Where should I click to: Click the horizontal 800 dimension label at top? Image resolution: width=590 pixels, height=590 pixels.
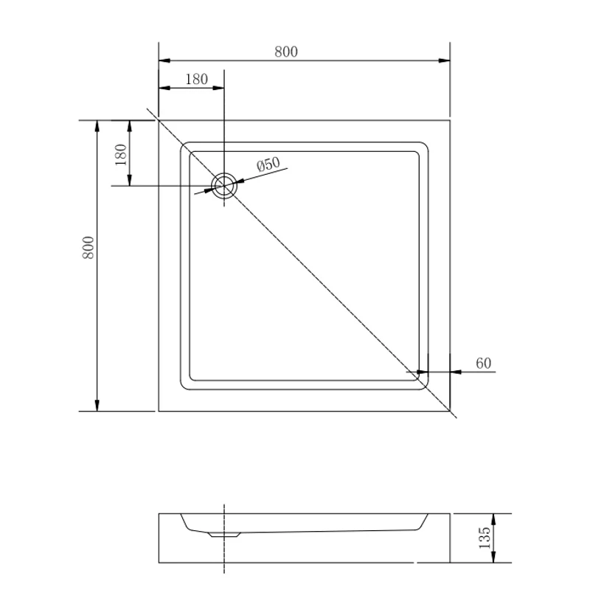pos(286,52)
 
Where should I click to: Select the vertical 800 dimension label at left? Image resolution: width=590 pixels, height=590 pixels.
pos(88,248)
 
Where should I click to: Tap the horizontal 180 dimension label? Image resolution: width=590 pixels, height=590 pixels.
pos(196,80)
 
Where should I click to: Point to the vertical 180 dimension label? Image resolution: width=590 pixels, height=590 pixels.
pos(120,155)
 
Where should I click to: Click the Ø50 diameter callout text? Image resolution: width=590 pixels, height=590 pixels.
pos(268,164)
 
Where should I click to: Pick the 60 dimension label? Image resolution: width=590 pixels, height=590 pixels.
pos(484,364)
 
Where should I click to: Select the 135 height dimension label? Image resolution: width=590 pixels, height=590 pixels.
pos(485,538)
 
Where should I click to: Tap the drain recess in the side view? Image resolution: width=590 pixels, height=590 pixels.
pos(224,534)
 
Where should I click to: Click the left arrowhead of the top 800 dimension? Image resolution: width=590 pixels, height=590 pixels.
pos(164,60)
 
